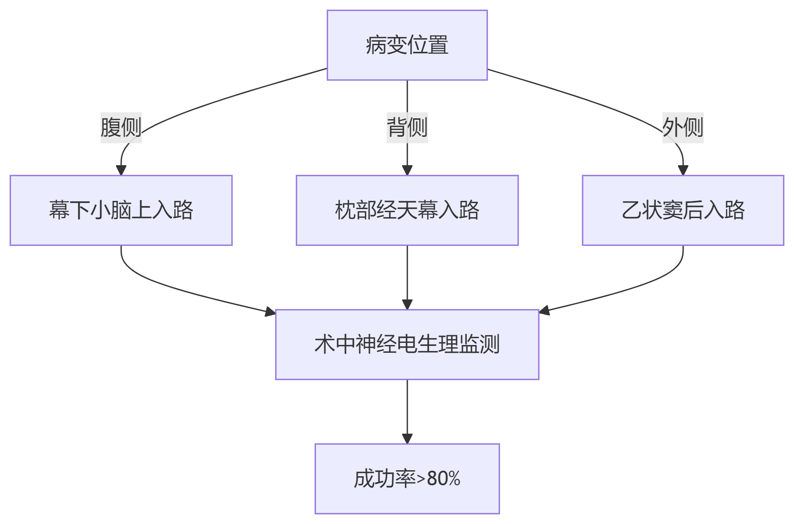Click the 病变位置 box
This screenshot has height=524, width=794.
(x=407, y=45)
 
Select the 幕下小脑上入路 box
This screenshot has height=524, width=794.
(x=121, y=210)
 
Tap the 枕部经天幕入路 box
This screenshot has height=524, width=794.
(x=407, y=210)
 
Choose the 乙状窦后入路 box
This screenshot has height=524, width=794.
(x=683, y=210)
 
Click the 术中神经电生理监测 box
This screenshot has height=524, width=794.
(x=407, y=345)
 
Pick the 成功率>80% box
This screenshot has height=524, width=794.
(x=407, y=478)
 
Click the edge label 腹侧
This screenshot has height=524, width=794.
(x=121, y=127)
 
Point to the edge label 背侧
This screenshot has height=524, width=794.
(x=407, y=127)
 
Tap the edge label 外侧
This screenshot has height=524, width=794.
(x=683, y=127)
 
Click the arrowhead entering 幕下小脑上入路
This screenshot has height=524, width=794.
(x=121, y=170)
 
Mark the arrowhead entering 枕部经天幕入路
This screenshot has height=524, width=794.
(x=407, y=170)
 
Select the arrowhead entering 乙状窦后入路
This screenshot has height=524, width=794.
(x=683, y=170)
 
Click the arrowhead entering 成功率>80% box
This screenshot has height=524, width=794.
(x=407, y=439)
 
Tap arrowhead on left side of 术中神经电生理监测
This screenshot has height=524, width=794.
(x=270, y=311)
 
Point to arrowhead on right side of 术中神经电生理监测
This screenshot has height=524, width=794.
(x=544, y=310)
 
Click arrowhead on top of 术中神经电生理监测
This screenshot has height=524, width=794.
(x=407, y=305)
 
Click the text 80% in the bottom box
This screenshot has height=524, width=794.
(x=443, y=478)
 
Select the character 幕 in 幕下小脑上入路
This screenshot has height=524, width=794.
(x=59, y=210)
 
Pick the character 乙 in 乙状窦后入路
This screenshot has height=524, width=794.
(x=632, y=210)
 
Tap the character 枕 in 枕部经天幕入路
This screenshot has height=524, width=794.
(x=345, y=210)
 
